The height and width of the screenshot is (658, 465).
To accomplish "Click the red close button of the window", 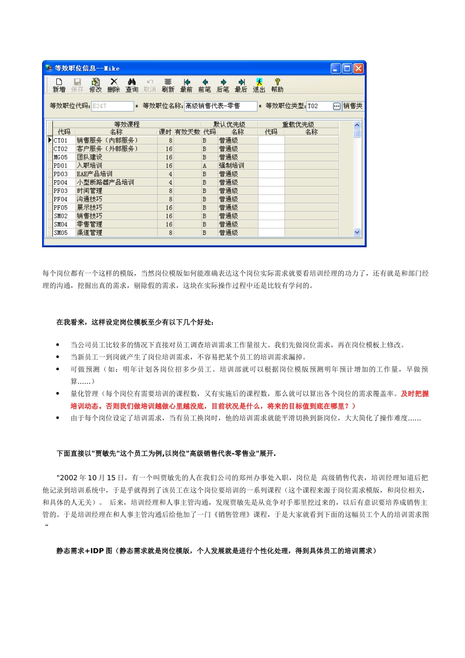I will [358, 69].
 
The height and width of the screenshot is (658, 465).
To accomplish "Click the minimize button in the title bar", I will [335, 69].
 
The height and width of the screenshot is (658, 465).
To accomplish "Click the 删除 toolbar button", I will [114, 85].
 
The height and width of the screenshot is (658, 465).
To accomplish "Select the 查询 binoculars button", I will [132, 85].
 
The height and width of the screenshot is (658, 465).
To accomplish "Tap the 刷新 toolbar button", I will [168, 85].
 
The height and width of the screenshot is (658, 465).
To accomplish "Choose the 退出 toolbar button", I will [259, 85].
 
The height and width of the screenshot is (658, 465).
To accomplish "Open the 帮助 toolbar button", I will [277, 85].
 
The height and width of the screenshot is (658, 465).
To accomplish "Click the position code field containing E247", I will [112, 106].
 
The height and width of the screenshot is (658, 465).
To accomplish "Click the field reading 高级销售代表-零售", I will [220, 106].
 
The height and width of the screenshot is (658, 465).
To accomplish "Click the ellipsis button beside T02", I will [337, 106].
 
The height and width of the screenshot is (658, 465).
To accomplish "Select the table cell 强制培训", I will [232, 165].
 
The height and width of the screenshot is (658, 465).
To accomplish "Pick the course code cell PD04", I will [61, 182].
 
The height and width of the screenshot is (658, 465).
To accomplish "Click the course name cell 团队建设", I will [90, 157].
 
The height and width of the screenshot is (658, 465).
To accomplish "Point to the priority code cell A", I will [205, 165].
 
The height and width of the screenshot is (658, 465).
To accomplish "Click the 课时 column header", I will [165, 132].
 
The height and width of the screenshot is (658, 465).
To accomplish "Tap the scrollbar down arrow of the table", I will [357, 233].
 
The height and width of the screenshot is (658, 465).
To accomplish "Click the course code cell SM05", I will [61, 233].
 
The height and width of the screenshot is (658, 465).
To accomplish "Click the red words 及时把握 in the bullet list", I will [415, 394].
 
